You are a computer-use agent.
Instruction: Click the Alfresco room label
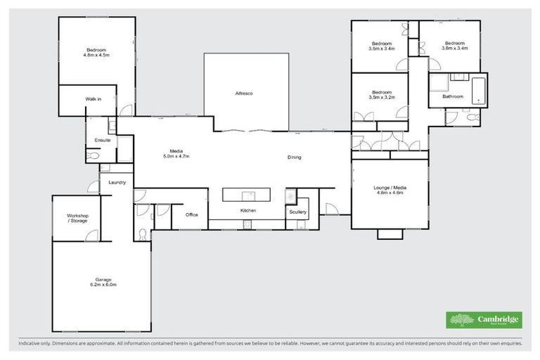[x=244, y=94]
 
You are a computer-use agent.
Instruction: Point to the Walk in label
[x=94, y=99]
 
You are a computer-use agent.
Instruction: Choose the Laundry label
[x=117, y=182]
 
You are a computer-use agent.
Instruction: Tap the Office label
[x=191, y=215]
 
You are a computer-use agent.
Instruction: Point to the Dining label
[x=294, y=157]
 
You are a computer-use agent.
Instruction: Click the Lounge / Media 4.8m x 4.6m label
[x=390, y=191]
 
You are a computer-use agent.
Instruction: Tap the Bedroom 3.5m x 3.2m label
[x=382, y=95]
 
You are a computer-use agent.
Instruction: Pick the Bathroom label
[x=453, y=96]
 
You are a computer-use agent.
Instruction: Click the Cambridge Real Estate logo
[x=484, y=320]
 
